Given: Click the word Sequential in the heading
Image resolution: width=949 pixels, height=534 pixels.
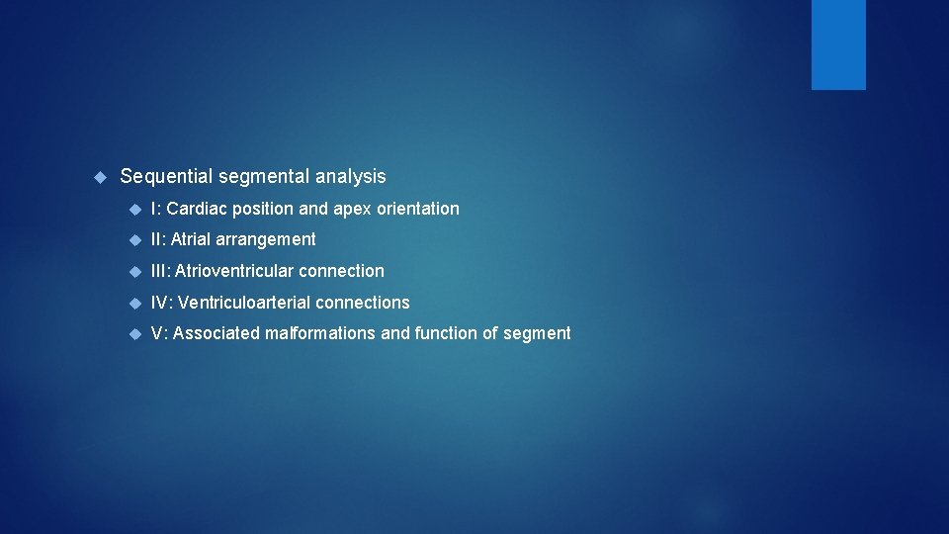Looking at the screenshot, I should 164,177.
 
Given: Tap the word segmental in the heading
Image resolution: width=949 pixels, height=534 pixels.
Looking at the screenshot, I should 262,177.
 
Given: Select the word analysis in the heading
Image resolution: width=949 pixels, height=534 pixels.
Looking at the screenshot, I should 351,177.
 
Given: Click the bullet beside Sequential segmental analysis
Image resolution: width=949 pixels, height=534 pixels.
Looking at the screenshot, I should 99,177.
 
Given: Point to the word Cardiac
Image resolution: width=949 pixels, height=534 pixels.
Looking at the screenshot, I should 197,209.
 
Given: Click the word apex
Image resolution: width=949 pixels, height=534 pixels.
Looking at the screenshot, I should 352,209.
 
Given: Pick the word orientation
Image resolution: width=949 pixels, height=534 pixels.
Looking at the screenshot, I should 418,209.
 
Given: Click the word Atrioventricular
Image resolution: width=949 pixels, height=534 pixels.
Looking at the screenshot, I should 234,271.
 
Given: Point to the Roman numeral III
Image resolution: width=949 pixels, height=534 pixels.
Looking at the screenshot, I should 159,271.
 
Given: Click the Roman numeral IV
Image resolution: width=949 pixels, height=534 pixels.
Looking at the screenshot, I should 160,303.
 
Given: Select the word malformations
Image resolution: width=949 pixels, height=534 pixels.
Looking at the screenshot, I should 320,334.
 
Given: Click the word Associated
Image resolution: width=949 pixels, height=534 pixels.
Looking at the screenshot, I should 216,334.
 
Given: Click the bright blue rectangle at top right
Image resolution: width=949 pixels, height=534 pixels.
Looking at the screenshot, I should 838,44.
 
